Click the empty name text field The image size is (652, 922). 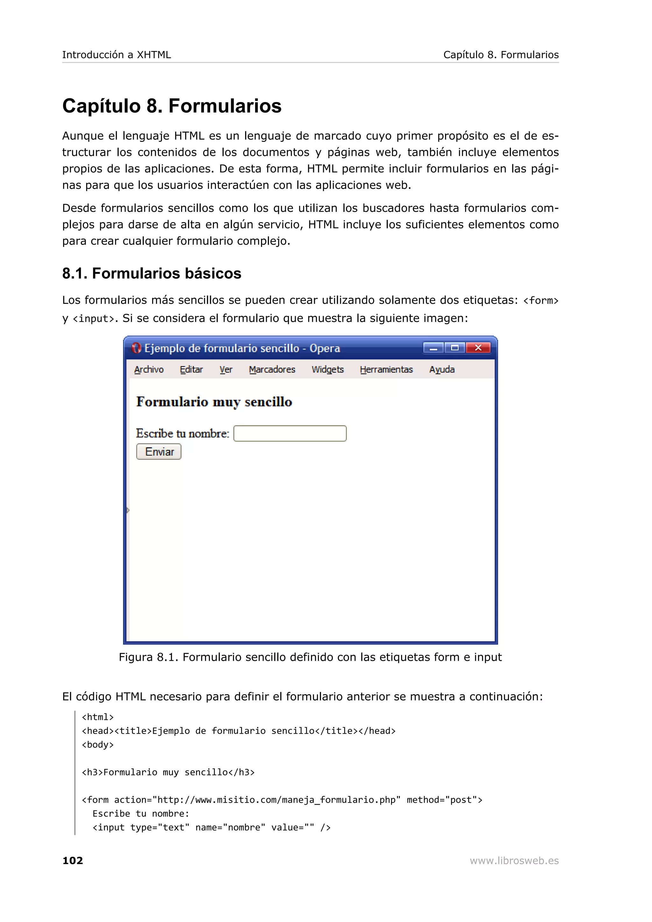tap(290, 433)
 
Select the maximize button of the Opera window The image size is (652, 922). tap(455, 348)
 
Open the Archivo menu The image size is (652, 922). tap(149, 369)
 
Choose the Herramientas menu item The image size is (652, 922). tap(386, 369)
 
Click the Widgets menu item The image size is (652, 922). tap(327, 369)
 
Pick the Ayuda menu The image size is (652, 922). tap(442, 369)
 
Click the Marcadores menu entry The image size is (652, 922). tap(272, 369)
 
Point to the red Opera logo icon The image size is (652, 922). tap(136, 348)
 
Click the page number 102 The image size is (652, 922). tap(73, 860)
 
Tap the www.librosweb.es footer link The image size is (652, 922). tap(514, 860)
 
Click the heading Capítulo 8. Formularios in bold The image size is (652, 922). tap(172, 106)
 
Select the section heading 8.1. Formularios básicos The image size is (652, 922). tap(152, 274)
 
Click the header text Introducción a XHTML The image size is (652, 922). tap(117, 55)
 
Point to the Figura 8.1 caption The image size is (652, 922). tap(310, 657)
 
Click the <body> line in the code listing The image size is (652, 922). tap(98, 744)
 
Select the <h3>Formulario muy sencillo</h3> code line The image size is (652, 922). tap(168, 772)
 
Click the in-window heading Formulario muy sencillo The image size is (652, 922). tap(214, 402)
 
